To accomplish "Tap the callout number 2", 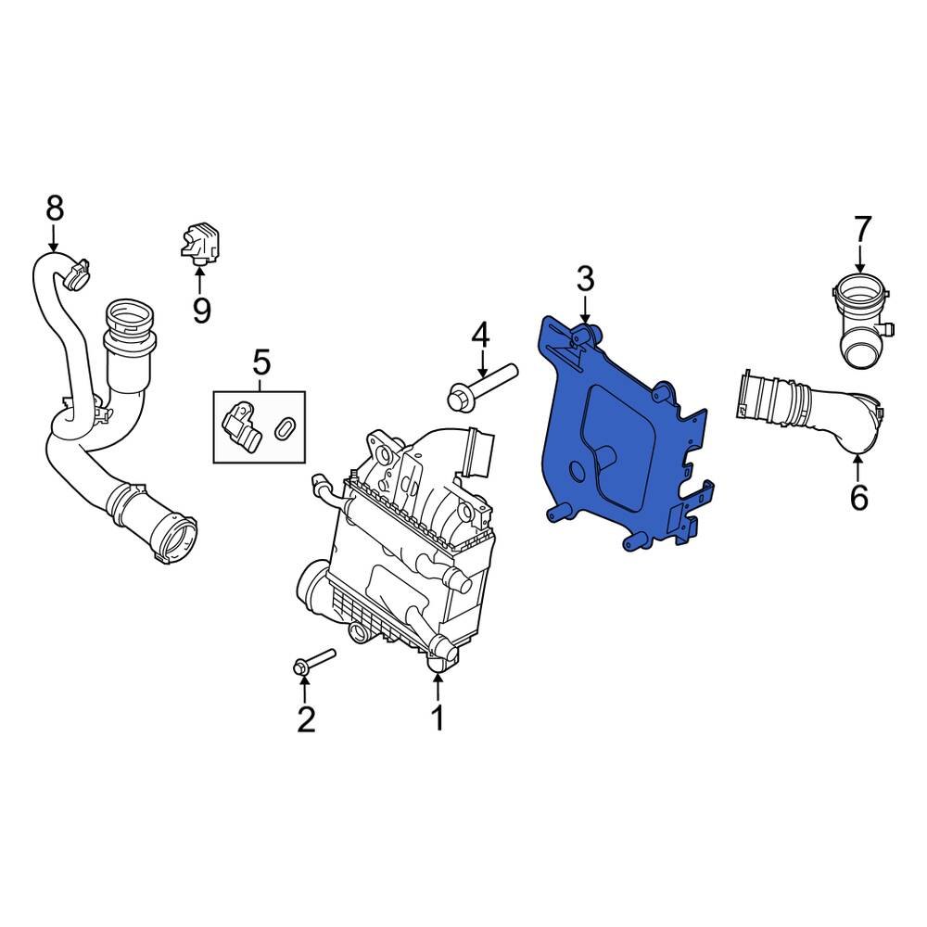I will tap(305, 717).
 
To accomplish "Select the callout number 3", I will tap(585, 278).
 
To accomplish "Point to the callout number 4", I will tap(479, 335).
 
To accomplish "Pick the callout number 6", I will tap(858, 498).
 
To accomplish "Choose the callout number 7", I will tap(862, 228).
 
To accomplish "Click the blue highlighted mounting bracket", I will tap(621, 436).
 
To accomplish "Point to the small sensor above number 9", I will tap(202, 242).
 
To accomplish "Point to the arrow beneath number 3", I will tap(585, 310).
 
